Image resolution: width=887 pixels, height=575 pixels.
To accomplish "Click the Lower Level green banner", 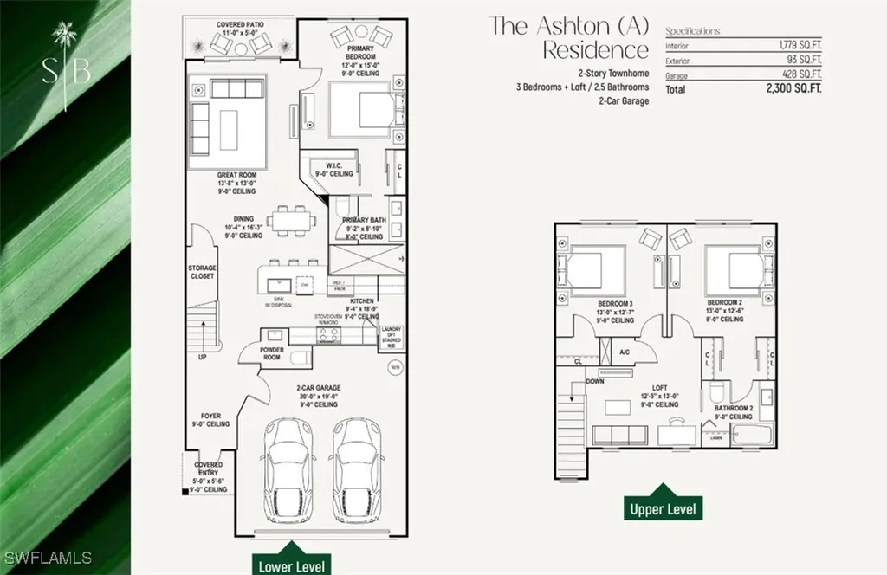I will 292,565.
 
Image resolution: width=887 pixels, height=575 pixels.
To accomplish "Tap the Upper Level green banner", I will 664,508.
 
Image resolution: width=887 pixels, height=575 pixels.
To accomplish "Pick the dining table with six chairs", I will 290,220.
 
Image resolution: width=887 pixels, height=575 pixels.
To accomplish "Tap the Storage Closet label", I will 202,272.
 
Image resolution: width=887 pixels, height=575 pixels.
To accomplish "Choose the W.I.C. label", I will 337,169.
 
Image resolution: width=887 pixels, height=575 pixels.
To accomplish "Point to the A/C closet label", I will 625,352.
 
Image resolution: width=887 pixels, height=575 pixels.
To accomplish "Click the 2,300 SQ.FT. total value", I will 793,88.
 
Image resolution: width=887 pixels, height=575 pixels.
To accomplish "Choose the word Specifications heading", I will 692,31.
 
